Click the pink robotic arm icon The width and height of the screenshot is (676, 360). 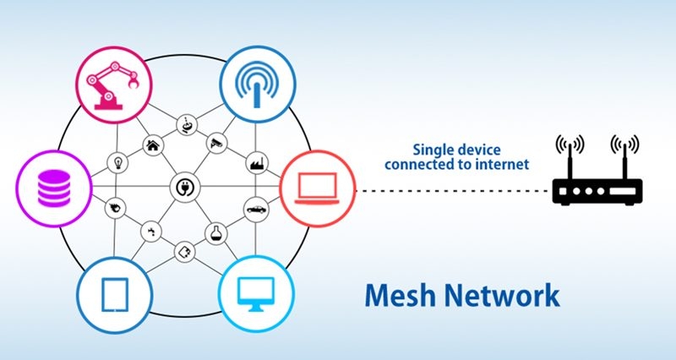113,85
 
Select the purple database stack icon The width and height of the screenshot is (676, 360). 53,188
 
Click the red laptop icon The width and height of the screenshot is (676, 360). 318,188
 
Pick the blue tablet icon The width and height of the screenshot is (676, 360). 115,295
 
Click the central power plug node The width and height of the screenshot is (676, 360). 185,188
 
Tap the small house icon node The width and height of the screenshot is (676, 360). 153,145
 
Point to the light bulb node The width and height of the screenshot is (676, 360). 117,163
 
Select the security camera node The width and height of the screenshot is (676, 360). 216,143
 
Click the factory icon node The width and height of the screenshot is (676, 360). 258,163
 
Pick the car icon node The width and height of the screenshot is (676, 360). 257,210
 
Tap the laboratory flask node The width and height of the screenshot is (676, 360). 216,233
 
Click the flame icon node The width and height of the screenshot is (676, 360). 116,209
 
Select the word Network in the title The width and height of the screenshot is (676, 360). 502,295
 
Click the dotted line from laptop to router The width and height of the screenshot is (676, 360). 454,190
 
